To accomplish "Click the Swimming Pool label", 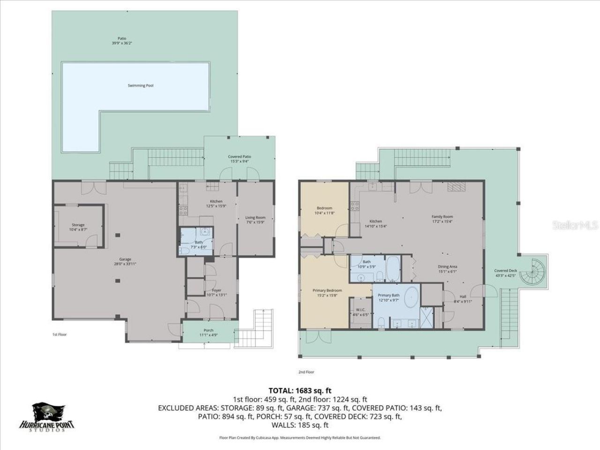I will click(141, 86).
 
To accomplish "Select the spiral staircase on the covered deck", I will click(535, 272).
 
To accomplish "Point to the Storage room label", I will click(78, 225).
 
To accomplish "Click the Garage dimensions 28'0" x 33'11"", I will click(125, 264).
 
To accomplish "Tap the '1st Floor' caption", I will click(59, 335).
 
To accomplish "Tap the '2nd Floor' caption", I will click(306, 372).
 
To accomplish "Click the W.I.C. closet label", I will click(360, 309).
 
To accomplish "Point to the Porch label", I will click(208, 330).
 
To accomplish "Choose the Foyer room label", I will click(216, 290).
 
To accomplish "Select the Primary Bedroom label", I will click(327, 291).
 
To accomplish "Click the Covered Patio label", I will click(239, 157).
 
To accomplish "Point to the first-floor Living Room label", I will click(255, 217).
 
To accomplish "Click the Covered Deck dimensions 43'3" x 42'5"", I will click(505, 276).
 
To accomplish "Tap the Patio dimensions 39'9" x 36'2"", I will click(122, 43).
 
